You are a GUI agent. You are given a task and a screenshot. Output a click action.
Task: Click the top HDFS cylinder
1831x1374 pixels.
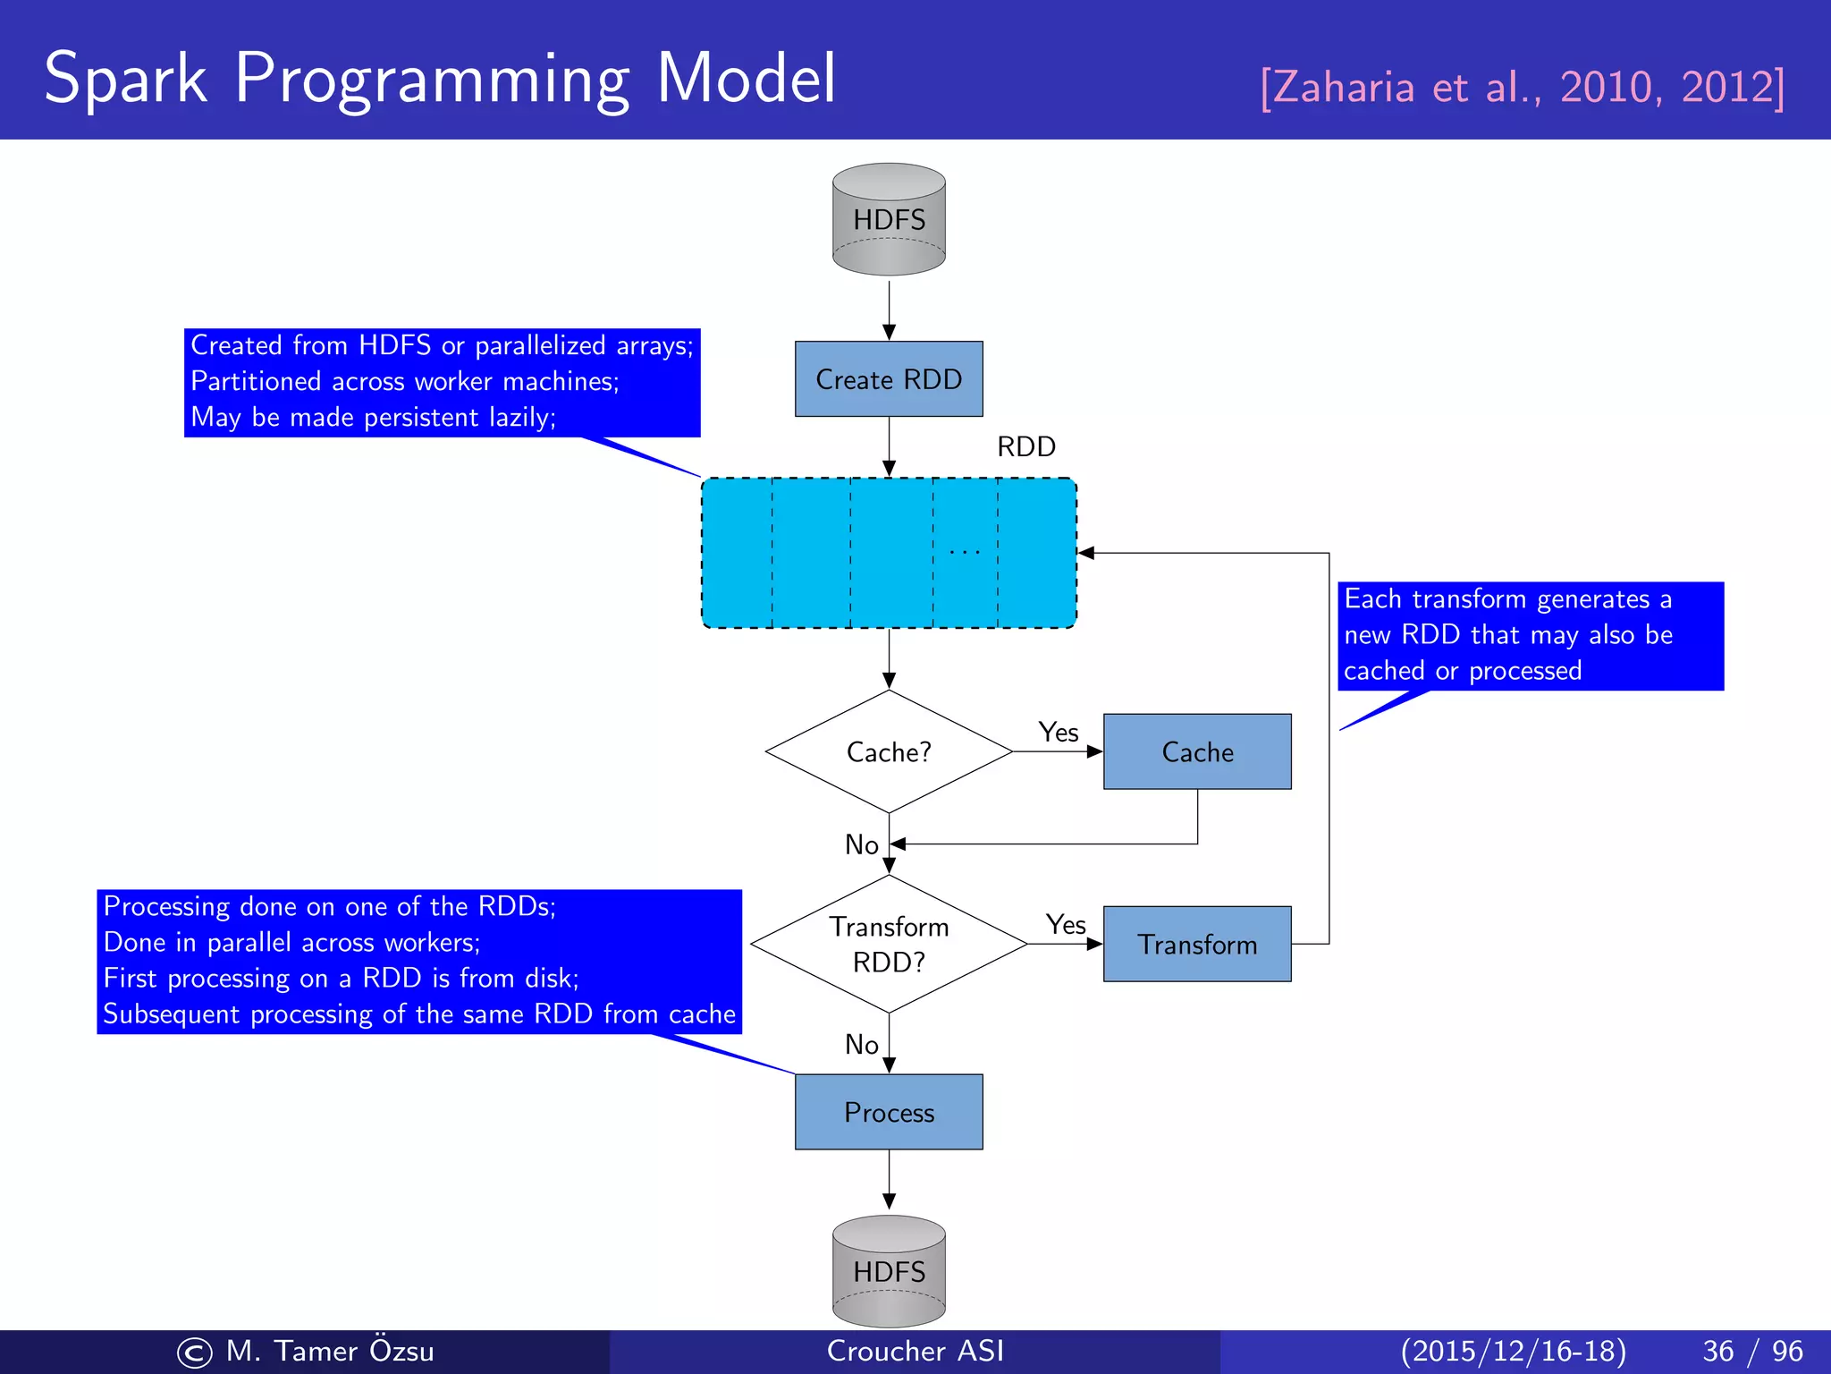889,219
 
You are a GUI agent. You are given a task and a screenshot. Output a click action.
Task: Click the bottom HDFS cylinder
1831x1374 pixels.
889,1271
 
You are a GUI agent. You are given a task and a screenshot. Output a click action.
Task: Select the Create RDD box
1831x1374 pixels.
889,379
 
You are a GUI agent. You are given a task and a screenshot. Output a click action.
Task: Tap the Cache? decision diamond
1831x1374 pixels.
889,752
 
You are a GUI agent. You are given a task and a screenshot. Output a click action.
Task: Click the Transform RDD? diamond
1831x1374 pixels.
889,944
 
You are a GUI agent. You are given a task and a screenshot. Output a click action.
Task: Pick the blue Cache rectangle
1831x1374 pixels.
1197,752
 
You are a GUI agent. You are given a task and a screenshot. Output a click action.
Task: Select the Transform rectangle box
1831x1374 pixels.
1197,945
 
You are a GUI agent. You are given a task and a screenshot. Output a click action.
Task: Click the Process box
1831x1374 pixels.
889,1113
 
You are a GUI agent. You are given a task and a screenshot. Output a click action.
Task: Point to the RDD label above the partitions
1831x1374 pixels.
1026,446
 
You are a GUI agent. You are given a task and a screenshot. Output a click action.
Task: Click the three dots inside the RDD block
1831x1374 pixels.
965,553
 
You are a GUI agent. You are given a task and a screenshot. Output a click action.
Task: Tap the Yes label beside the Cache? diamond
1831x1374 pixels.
1059,733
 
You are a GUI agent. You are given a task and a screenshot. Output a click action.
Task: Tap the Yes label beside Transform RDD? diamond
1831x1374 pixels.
1066,925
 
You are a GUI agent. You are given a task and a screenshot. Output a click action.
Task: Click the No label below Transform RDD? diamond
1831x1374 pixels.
862,1045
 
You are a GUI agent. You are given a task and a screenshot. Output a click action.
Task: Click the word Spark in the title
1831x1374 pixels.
125,79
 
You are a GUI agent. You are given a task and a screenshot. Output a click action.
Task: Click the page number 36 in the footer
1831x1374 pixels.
1718,1351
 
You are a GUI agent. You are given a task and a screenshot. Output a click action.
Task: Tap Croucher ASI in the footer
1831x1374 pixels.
915,1351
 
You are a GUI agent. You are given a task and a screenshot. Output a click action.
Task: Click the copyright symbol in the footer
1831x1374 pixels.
195,1353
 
